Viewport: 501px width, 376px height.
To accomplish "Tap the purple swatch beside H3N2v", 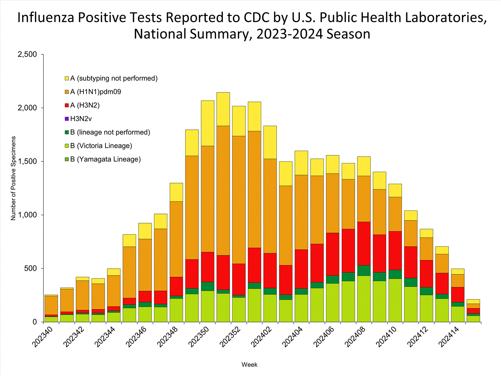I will click(67, 119).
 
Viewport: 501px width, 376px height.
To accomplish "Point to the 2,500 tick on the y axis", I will click(27, 54).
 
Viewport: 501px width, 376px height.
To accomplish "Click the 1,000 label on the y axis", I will click(27, 215).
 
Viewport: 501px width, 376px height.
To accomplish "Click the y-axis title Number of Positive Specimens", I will click(13, 178).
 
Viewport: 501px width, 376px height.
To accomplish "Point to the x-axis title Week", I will click(249, 365).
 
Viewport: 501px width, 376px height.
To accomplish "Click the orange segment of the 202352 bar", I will click(239, 200).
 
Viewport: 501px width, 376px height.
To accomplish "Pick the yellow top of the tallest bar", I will click(223, 109).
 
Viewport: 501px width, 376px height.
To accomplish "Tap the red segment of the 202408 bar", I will click(364, 243).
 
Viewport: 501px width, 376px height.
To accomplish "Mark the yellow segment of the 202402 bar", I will click(270, 142).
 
